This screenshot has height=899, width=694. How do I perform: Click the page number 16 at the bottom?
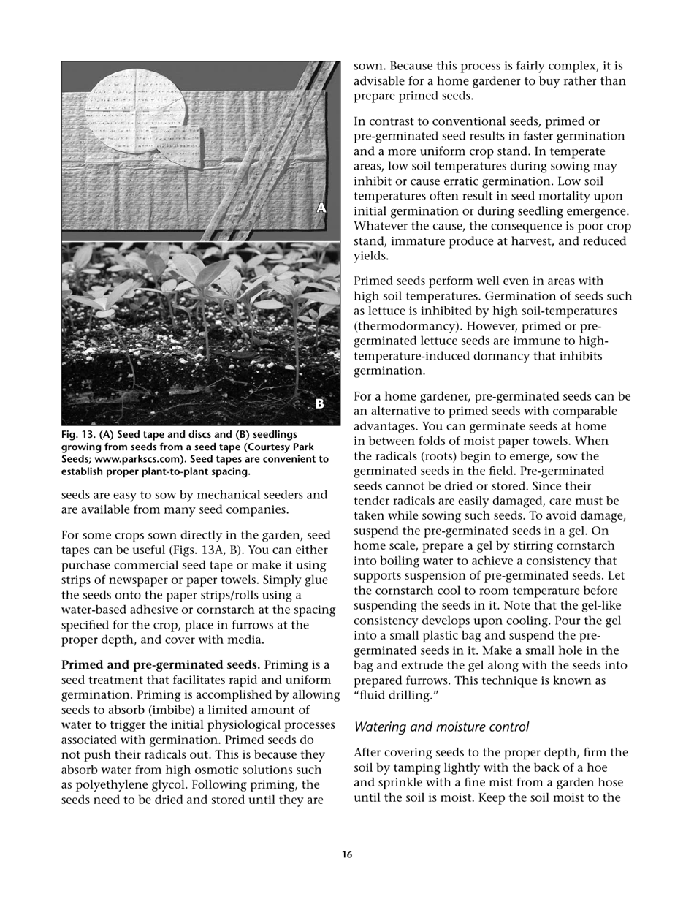pyautogui.click(x=347, y=854)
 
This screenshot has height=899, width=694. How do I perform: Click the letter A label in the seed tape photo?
pyautogui.click(x=321, y=208)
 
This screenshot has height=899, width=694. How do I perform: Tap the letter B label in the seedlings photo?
pyautogui.click(x=319, y=403)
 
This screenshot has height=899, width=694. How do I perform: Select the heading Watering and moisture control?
pyautogui.click(x=441, y=727)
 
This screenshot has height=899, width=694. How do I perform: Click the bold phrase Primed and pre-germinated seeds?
pyautogui.click(x=161, y=664)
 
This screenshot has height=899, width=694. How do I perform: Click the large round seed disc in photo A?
pyautogui.click(x=135, y=106)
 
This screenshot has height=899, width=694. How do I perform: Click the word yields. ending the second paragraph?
pyautogui.click(x=372, y=256)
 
